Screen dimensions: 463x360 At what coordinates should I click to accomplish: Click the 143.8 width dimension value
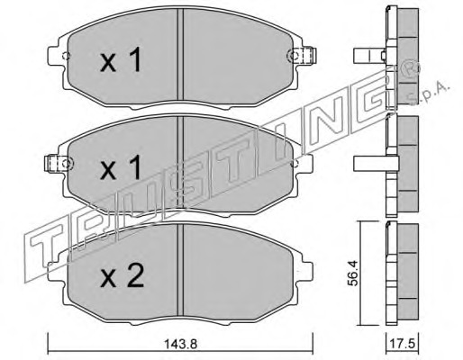(180, 344)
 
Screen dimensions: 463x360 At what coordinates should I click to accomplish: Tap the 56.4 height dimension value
(353, 273)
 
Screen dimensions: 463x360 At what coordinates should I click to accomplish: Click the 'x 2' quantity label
(122, 276)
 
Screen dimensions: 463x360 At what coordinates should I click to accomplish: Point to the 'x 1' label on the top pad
(121, 60)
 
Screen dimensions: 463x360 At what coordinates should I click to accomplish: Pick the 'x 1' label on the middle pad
(121, 167)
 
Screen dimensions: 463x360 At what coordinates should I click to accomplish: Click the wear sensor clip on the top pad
(302, 56)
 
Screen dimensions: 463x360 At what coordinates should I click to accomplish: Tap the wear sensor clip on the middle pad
(59, 163)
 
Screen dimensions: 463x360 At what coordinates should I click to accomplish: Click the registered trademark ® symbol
(411, 69)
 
